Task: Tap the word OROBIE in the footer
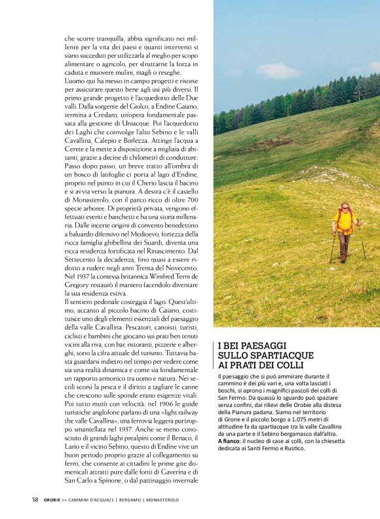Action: tap(54, 500)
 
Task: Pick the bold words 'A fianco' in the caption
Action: tap(228, 441)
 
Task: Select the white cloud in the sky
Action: tap(279, 70)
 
